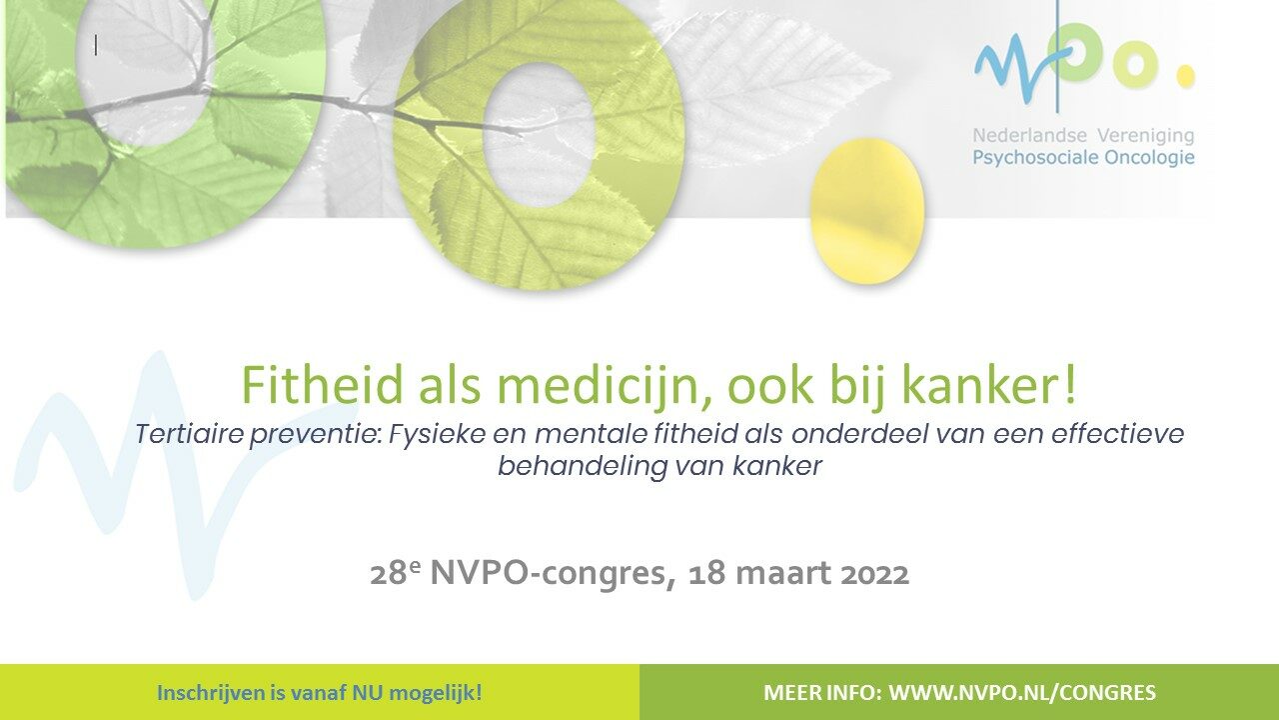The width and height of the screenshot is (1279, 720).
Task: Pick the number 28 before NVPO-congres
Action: [x=385, y=575]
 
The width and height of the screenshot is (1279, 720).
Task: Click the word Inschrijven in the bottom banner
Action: [x=206, y=692]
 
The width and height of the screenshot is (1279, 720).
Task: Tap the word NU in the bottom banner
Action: [x=367, y=692]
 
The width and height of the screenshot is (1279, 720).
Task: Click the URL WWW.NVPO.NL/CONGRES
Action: [x=1022, y=692]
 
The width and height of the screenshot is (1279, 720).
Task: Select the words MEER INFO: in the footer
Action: [x=821, y=692]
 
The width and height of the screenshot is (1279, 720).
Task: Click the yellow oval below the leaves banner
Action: [x=866, y=211]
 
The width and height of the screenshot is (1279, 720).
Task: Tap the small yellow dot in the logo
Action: [x=1185, y=76]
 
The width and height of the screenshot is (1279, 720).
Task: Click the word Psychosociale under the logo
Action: [x=1027, y=157]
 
